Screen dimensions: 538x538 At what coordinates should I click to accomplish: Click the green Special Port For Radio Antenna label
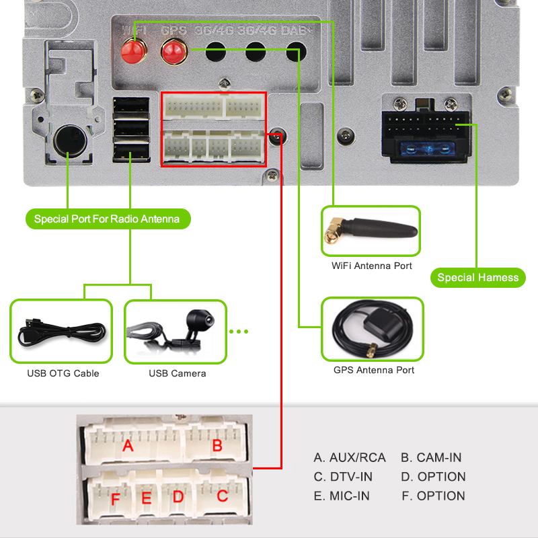(108, 219)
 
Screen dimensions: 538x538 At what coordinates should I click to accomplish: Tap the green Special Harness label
(477, 277)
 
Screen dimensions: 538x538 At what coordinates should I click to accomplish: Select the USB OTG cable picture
(61, 332)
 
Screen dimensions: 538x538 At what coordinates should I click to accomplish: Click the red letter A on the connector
(128, 446)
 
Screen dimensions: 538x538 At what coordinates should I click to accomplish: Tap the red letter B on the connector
(217, 445)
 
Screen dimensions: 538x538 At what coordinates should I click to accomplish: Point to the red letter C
(223, 496)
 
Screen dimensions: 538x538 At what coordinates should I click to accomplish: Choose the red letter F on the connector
(115, 500)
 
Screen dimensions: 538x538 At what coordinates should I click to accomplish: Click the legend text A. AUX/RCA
(350, 457)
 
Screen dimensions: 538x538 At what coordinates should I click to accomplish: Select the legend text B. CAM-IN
(431, 457)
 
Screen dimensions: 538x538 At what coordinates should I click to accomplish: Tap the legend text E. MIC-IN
(342, 496)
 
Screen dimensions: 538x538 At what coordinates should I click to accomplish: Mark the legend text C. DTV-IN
(343, 477)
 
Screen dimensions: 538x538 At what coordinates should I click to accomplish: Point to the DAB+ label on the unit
(297, 31)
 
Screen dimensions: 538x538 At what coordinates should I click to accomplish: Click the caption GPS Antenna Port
(374, 370)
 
